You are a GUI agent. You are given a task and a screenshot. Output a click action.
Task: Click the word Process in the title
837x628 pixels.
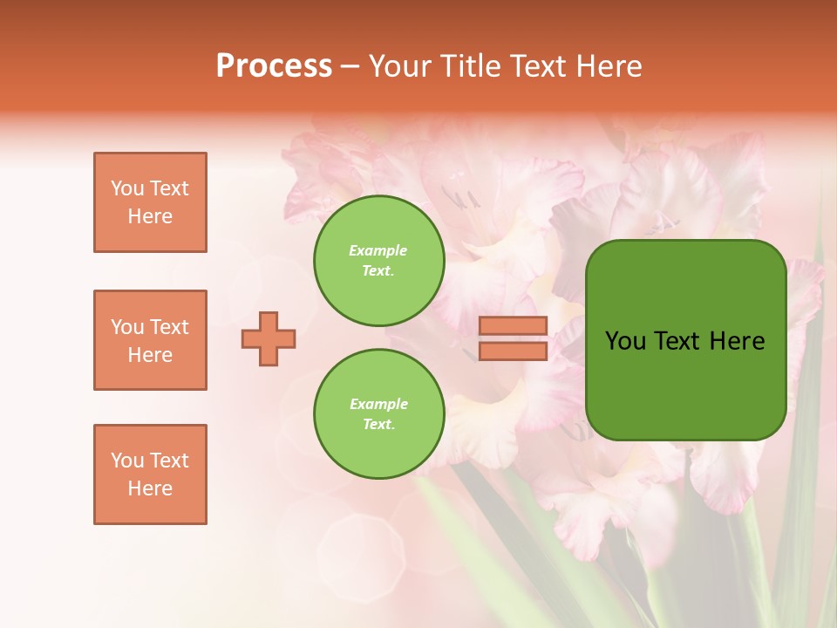pyautogui.click(x=274, y=66)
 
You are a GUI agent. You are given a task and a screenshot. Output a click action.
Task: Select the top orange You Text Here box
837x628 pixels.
pyautogui.click(x=150, y=202)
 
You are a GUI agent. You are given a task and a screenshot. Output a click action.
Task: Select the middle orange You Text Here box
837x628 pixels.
pyautogui.click(x=150, y=340)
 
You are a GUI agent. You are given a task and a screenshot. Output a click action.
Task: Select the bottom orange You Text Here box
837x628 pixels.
pyautogui.click(x=150, y=474)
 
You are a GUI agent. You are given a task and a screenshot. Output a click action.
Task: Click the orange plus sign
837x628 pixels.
pyautogui.click(x=269, y=338)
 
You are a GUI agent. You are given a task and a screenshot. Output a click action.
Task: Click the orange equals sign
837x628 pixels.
pyautogui.click(x=513, y=338)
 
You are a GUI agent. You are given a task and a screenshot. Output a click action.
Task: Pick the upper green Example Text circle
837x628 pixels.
pyautogui.click(x=378, y=261)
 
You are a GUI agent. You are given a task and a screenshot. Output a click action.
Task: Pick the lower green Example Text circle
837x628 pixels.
pyautogui.click(x=378, y=413)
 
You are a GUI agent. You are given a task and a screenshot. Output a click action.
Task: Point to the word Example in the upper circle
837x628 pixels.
pyautogui.click(x=378, y=251)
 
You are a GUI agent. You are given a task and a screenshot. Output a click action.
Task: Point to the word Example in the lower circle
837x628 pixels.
pyautogui.click(x=378, y=404)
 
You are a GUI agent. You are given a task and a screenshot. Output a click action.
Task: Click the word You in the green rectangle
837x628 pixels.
pyautogui.click(x=625, y=341)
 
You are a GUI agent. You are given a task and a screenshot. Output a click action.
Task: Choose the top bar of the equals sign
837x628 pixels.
pyautogui.click(x=513, y=326)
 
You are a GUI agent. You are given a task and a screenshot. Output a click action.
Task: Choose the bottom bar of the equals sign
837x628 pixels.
pyautogui.click(x=513, y=351)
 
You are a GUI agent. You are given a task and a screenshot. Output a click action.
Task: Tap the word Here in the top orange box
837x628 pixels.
pyautogui.click(x=150, y=216)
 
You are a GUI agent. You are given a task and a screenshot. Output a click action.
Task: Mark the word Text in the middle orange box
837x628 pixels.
pyautogui.click(x=169, y=327)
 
